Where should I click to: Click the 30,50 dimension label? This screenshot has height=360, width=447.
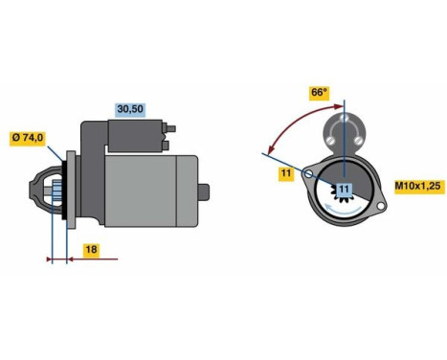130,108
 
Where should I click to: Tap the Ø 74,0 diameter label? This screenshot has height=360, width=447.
28,138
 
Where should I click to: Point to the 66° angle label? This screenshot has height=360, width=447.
318,93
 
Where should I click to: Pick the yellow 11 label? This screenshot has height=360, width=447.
286,172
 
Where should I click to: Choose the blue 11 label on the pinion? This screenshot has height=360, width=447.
344,191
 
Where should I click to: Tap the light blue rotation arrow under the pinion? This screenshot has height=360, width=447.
344,213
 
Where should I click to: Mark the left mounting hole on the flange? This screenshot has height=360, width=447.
309,174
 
